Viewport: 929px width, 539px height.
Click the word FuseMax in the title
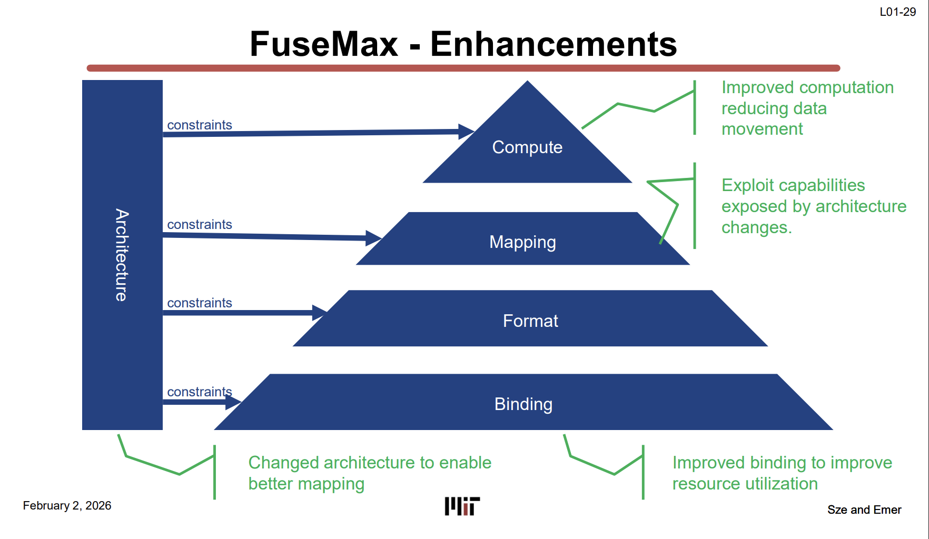tap(323, 44)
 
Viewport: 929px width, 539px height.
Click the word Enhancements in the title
tap(554, 44)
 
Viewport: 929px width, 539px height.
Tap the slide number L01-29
tap(897, 12)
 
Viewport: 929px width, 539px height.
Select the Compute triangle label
tap(527, 147)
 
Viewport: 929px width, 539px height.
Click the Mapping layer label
tap(522, 242)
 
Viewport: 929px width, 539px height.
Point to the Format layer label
tap(530, 321)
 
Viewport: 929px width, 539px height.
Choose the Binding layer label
tap(523, 404)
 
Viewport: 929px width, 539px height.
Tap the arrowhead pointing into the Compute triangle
tap(466, 131)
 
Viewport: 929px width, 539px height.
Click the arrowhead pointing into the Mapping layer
tap(373, 238)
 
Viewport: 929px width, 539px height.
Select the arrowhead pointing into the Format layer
tap(319, 313)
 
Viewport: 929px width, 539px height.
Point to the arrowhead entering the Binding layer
tap(233, 402)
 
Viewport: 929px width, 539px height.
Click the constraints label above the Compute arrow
tap(200, 125)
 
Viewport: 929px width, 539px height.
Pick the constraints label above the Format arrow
tap(200, 303)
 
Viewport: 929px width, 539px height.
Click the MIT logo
tap(462, 506)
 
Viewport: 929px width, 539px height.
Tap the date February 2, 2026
tap(67, 506)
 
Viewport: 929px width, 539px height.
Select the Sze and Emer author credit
tap(864, 510)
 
